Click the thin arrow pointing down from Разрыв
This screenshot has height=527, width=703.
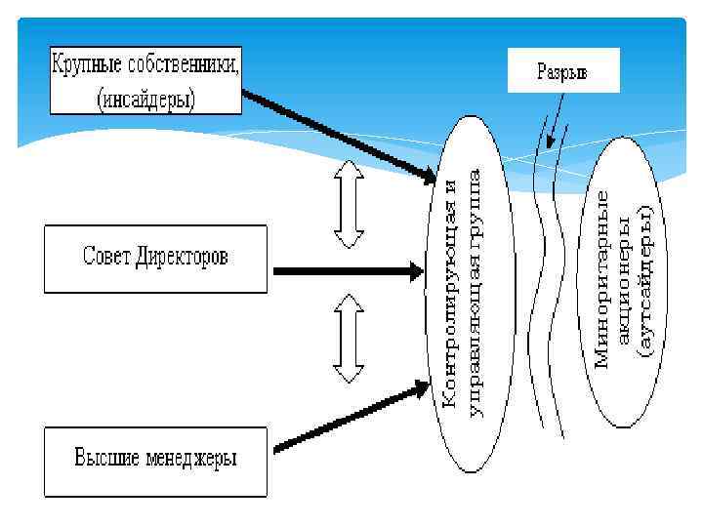point(558,123)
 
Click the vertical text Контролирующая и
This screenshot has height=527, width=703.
point(451,293)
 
